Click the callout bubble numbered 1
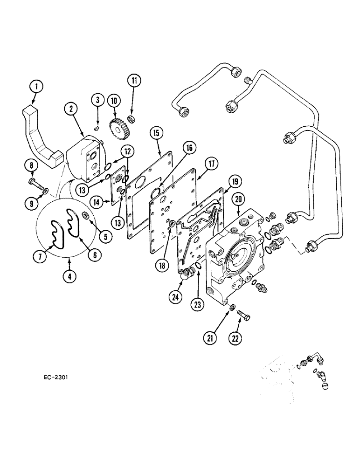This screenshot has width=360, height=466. pyautogui.click(x=37, y=86)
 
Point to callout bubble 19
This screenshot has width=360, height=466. pyautogui.click(x=235, y=182)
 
